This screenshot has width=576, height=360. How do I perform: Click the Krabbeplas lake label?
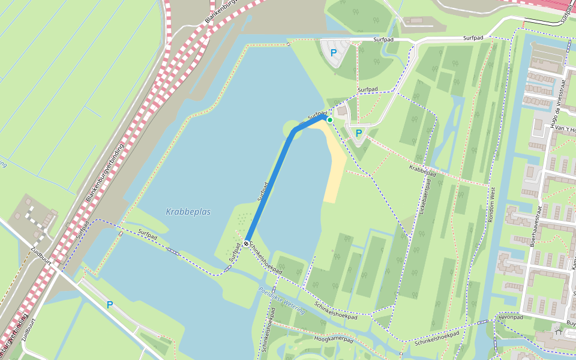pyautogui.click(x=188, y=212)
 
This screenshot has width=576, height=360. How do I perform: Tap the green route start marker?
pyautogui.click(x=329, y=120)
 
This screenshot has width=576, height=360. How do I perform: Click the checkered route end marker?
pyautogui.click(x=247, y=243)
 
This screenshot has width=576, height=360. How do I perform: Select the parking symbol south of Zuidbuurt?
pyautogui.click(x=109, y=305)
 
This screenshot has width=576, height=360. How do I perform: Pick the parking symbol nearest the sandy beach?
pyautogui.click(x=359, y=133)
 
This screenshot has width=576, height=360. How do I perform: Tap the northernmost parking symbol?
pyautogui.click(x=334, y=53)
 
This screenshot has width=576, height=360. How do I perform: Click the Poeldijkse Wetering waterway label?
pyautogui.click(x=282, y=300)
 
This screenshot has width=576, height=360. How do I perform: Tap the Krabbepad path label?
pyautogui.click(x=422, y=170)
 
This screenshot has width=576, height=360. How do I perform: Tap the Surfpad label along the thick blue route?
pyautogui.click(x=262, y=191)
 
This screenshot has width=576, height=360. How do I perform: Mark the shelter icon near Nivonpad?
pyautogui.click(x=559, y=330)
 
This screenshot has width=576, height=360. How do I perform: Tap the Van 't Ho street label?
pyautogui.click(x=564, y=129)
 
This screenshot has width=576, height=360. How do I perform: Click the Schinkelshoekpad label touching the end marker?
pyautogui.click(x=266, y=259)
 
